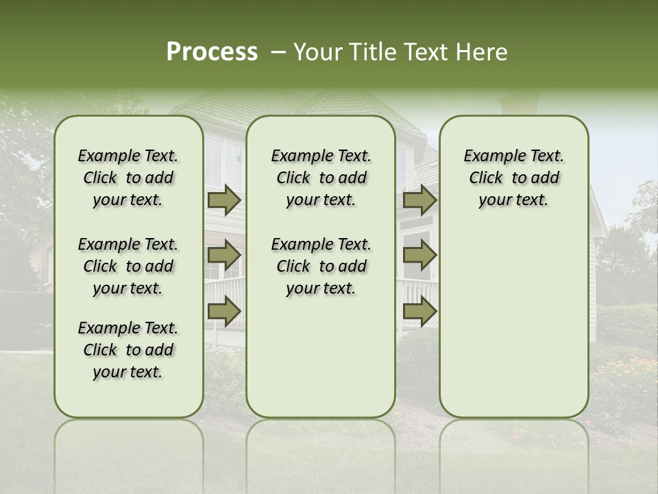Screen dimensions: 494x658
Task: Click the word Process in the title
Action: point(212,52)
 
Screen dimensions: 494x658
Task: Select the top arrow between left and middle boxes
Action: point(223,200)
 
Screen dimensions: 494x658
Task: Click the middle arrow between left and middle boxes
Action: point(223,256)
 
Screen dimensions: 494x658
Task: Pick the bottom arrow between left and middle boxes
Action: point(223,311)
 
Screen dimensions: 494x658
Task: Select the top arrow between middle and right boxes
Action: point(419,200)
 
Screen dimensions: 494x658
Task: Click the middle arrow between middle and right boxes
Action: point(419,256)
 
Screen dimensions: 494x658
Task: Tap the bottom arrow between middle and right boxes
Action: point(419,311)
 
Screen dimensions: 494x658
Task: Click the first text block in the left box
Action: point(128,178)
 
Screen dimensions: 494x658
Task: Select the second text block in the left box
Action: point(128,266)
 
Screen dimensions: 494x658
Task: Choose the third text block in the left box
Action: point(128,350)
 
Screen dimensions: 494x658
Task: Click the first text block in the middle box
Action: point(321,178)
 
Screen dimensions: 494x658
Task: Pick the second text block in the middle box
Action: point(321,266)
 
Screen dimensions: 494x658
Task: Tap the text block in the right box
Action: point(514,178)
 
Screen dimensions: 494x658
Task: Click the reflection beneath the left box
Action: point(129,446)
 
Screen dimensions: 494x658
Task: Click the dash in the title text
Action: point(278,53)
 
